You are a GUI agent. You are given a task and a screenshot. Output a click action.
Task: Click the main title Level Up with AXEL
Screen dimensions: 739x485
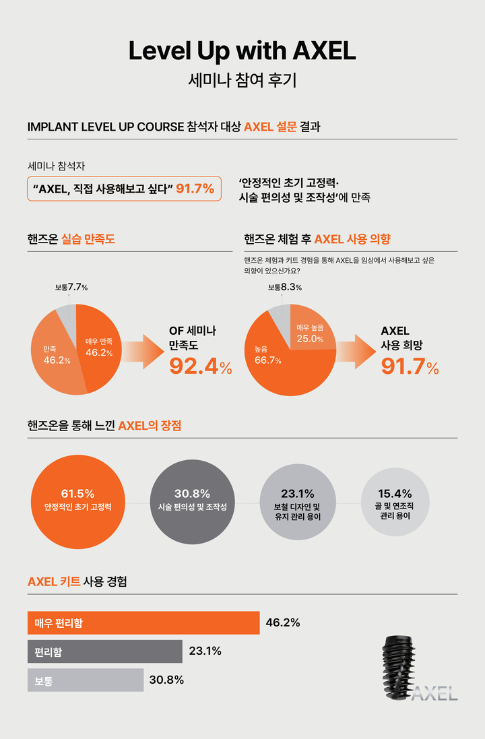242,52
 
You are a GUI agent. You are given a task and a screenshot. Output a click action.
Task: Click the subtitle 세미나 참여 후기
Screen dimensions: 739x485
242,82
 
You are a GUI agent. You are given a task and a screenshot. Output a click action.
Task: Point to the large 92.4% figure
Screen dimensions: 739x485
200,366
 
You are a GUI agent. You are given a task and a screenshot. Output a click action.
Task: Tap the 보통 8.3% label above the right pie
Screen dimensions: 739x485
284,288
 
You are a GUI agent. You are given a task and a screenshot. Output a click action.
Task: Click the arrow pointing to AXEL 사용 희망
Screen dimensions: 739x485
356,351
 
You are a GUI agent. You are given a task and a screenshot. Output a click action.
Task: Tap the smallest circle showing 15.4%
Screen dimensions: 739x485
394,502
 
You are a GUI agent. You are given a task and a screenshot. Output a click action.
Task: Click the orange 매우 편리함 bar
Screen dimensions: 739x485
143,622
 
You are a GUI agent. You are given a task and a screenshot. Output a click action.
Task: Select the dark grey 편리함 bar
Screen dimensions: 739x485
104,651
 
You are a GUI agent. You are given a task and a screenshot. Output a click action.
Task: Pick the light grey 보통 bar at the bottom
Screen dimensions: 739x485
86,680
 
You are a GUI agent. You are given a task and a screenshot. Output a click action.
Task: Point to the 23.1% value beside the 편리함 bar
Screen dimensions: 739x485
205,651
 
